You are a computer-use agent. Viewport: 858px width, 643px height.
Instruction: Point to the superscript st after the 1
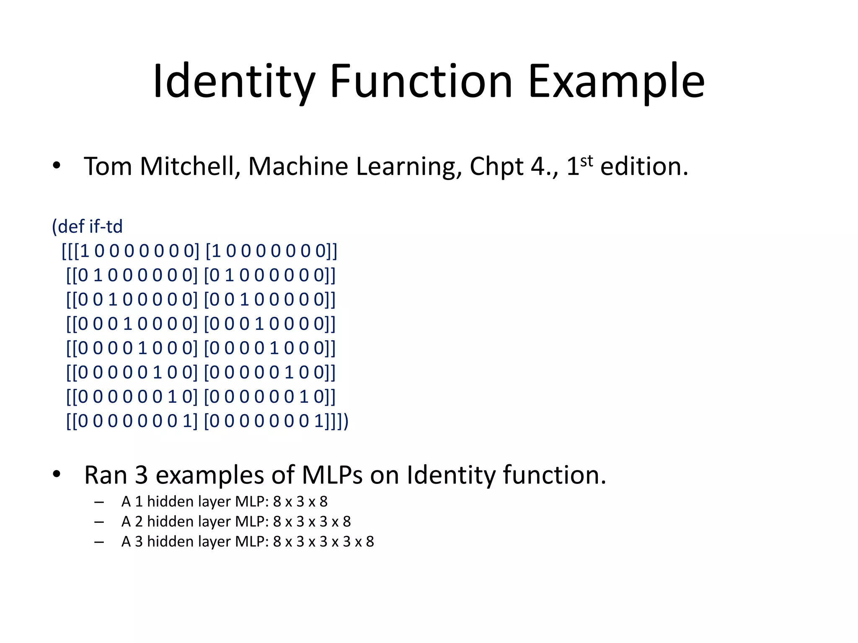[x=587, y=161]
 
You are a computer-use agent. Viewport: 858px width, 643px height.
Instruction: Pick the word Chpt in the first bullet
[x=496, y=167]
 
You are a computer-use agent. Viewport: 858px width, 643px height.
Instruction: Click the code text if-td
[x=106, y=226]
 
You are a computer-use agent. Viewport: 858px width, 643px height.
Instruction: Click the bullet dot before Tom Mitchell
[x=57, y=167]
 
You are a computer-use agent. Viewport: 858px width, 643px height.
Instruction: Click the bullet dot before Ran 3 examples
[x=57, y=475]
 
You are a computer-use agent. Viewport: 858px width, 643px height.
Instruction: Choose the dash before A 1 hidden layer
[x=99, y=502]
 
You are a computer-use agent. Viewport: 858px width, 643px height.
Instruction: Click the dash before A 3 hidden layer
[x=99, y=542]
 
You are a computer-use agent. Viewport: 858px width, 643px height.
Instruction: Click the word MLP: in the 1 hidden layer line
[x=252, y=502]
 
